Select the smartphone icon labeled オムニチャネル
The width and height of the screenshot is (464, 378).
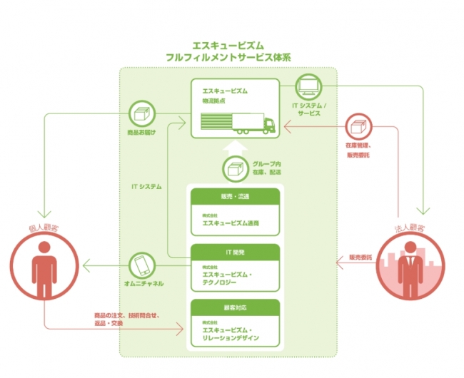point(143,265)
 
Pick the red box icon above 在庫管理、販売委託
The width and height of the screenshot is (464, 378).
point(358,128)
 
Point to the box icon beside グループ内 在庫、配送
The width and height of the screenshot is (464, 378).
point(236,170)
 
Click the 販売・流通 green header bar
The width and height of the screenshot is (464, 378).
point(235,198)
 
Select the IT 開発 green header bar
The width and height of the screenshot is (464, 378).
point(235,252)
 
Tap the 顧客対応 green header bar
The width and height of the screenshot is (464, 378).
point(235,307)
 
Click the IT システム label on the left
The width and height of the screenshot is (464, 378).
point(146,187)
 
